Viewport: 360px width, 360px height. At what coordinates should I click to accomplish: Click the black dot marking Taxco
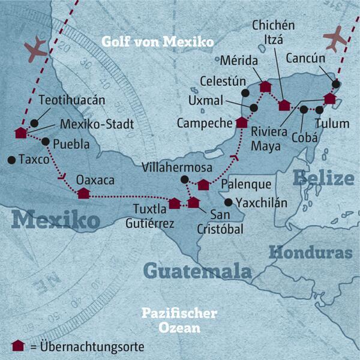coord(11,160)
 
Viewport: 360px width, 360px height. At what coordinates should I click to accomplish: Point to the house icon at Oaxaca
coord(83,193)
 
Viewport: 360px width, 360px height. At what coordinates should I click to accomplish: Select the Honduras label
coord(310,253)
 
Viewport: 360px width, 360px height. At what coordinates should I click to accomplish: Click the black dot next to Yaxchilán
coord(229,202)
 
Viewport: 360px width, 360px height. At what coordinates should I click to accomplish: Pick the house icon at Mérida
coord(265,86)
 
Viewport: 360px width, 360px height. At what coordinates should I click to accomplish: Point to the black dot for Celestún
coord(245,94)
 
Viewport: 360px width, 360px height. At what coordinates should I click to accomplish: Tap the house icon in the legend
coord(18,345)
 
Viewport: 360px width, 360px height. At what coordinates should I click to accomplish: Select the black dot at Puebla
coord(46,142)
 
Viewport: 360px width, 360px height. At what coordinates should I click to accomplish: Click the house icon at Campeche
coord(241,122)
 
